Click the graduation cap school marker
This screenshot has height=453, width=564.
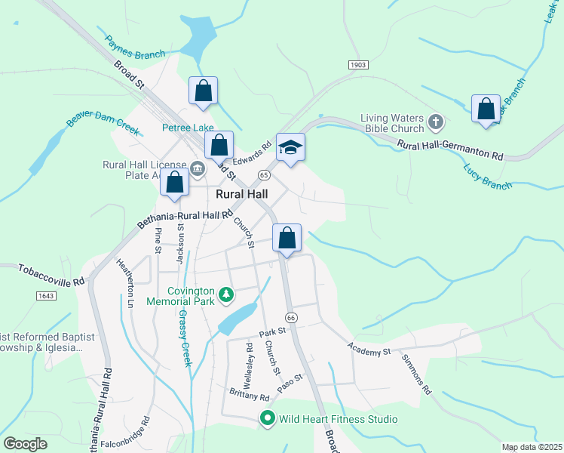click(290, 147)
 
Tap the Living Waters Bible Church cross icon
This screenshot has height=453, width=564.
click(435, 122)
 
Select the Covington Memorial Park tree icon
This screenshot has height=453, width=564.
click(225, 294)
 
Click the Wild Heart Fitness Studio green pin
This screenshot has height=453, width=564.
click(267, 418)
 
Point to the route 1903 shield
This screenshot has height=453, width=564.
click(358, 66)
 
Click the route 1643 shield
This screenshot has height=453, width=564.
click(44, 295)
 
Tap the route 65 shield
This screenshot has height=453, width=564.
click(263, 174)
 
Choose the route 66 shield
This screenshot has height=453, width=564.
click(292, 318)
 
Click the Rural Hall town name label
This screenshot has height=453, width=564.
click(241, 194)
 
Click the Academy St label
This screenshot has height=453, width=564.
click(369, 349)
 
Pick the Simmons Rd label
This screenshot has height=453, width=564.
click(415, 374)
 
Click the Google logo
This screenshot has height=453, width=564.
click(25, 443)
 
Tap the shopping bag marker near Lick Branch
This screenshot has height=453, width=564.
click(486, 108)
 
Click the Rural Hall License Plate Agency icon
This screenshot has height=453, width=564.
click(198, 168)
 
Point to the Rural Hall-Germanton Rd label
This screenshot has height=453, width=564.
click(450, 149)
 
